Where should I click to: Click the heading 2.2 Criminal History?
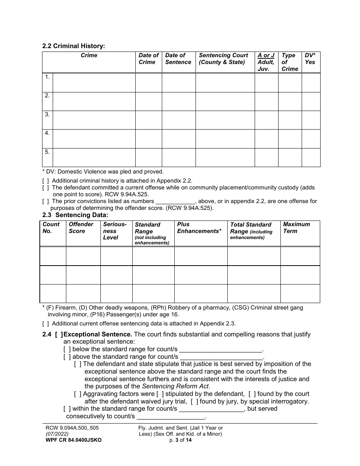click(74, 46)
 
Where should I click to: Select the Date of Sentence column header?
click(178, 59)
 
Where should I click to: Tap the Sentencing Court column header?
click(224, 59)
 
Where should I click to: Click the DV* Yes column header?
click(310, 59)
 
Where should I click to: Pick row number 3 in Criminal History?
click(47, 114)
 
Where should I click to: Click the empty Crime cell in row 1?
click(94, 83)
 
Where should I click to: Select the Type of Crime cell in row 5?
click(290, 157)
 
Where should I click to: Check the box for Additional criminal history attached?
click(45, 181)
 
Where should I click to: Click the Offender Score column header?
click(81, 228)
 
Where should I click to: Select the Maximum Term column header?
click(296, 228)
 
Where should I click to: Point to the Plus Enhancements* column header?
click(199, 228)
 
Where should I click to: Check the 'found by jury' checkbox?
click(194, 402)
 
